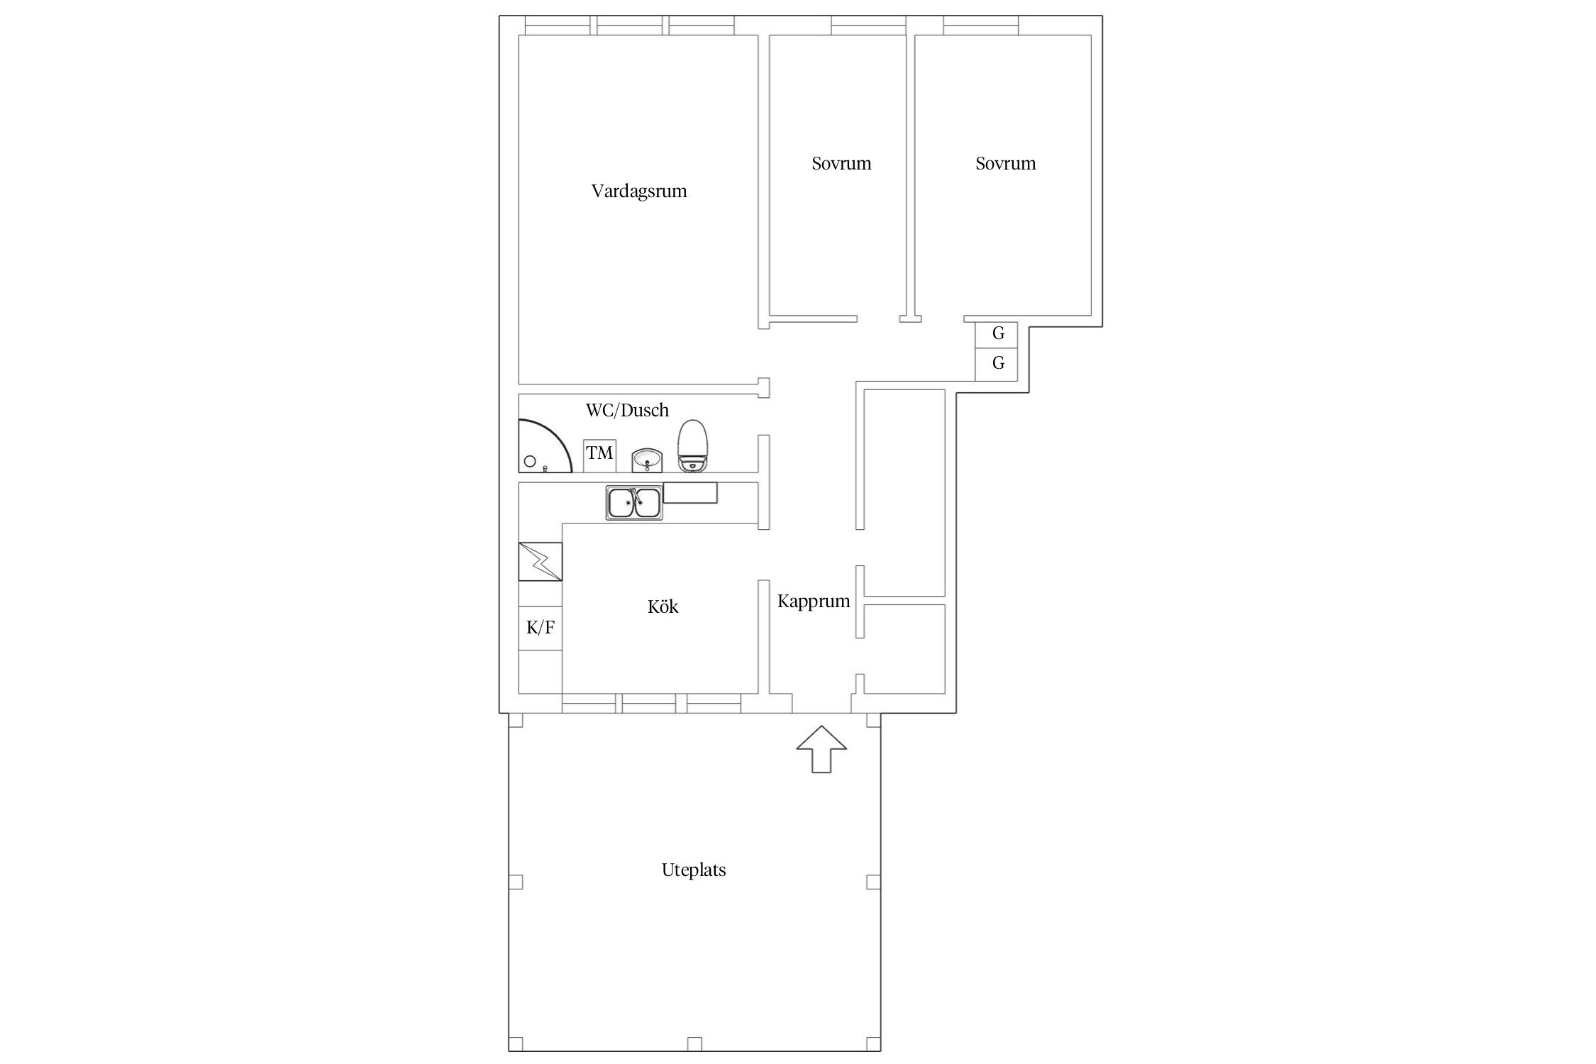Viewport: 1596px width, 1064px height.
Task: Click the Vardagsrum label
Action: click(x=639, y=192)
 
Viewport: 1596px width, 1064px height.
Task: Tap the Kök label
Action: click(x=663, y=606)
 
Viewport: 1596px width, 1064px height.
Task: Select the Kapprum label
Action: click(x=814, y=602)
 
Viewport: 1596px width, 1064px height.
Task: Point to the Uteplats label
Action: click(x=694, y=870)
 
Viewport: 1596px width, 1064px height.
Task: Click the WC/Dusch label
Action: click(x=627, y=410)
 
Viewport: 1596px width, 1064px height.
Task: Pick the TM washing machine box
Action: click(x=599, y=455)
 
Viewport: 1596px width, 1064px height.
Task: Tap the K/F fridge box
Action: click(x=541, y=628)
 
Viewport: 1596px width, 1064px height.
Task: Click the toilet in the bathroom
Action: click(x=693, y=445)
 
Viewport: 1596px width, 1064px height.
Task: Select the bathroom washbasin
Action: click(x=647, y=460)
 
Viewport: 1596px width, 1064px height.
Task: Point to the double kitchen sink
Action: click(x=634, y=503)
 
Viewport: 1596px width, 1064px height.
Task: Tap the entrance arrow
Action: click(x=821, y=749)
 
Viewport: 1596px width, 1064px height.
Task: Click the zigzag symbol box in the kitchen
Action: click(x=541, y=562)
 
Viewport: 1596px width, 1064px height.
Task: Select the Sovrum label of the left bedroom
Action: click(x=841, y=164)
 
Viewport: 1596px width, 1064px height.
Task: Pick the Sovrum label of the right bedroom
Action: click(x=1005, y=164)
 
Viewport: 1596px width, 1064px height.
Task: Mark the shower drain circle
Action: click(x=530, y=462)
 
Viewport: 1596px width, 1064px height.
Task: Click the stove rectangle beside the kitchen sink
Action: click(x=690, y=493)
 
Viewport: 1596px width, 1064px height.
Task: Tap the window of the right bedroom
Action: click(x=981, y=26)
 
